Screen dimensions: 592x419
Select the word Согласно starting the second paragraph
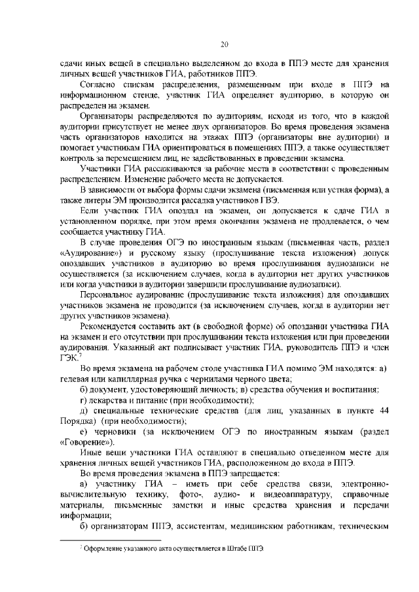coord(100,85)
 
